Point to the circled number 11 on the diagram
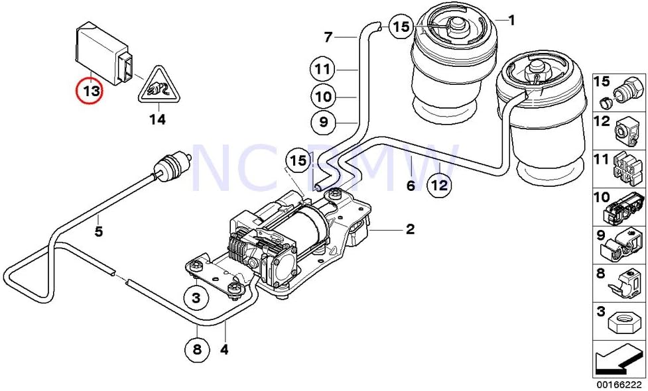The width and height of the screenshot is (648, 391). pos(323,69)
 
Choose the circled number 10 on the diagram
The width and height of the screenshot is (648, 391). pos(323,97)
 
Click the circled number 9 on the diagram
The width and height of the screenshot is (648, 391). pos(323,122)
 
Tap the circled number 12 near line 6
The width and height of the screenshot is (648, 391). pos(438,185)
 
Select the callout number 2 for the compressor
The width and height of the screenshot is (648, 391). pos(410,229)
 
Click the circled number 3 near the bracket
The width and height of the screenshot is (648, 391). pos(196,298)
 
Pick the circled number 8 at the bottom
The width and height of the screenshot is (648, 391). pos(196,349)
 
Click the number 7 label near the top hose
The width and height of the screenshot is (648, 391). pos(328,36)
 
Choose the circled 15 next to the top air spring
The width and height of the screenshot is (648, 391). pos(400,27)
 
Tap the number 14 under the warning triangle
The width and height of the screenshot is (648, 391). pos(157,120)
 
